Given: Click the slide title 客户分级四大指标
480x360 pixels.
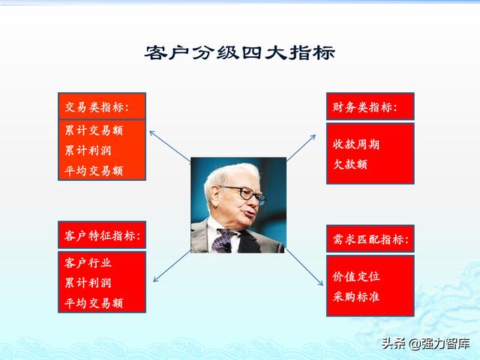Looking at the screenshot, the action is [x=240, y=52].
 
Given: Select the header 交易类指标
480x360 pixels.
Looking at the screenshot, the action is [x=97, y=107].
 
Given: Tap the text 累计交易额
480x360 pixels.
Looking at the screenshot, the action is [x=94, y=130].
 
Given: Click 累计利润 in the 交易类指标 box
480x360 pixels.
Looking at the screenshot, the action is [x=88, y=151].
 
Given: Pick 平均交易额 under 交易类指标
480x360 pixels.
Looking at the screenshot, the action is [x=94, y=171].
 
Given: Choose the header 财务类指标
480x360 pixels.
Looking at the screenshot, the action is [x=365, y=107].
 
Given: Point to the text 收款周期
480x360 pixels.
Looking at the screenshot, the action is [x=356, y=144].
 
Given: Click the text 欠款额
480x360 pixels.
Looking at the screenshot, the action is [x=350, y=164].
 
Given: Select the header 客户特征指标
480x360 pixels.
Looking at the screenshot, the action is [x=103, y=236].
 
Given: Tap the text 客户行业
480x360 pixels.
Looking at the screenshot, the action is [x=88, y=262].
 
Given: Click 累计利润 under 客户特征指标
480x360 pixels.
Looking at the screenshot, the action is [x=88, y=283].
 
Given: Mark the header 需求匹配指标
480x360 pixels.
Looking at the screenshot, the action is [x=371, y=239].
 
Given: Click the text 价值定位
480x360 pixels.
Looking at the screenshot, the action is [x=356, y=277].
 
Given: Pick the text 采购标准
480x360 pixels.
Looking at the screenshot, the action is [x=356, y=297].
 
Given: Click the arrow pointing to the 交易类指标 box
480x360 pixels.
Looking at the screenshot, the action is [x=170, y=146].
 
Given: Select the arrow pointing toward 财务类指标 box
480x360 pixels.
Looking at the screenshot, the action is [x=301, y=148].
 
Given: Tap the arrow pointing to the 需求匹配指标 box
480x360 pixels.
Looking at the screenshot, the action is [x=304, y=267].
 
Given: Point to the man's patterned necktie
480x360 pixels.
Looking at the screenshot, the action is [x=223, y=241].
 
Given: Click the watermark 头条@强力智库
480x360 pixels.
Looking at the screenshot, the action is [x=425, y=343].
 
